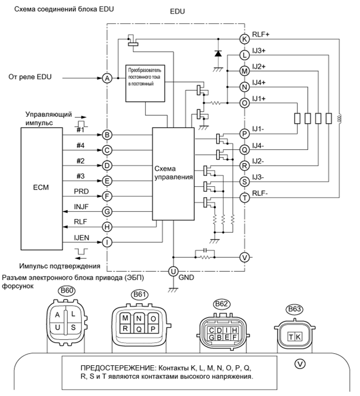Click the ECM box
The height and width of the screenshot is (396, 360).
41,188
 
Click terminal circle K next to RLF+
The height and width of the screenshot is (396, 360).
244,38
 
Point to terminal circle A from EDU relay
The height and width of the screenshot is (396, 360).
107,78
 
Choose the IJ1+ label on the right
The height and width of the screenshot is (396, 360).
259,99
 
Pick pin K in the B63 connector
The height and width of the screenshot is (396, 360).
298,337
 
